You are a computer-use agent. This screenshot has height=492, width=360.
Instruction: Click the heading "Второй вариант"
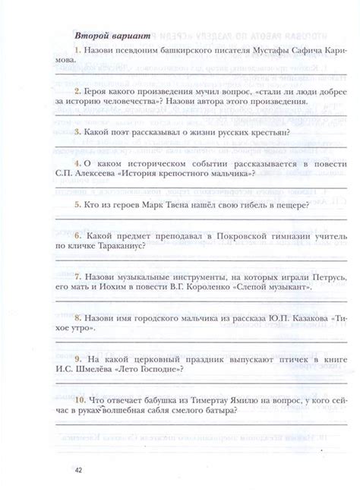pyautogui.click(x=112, y=36)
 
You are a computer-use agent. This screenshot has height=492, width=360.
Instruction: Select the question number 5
pyautogui.click(x=77, y=204)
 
